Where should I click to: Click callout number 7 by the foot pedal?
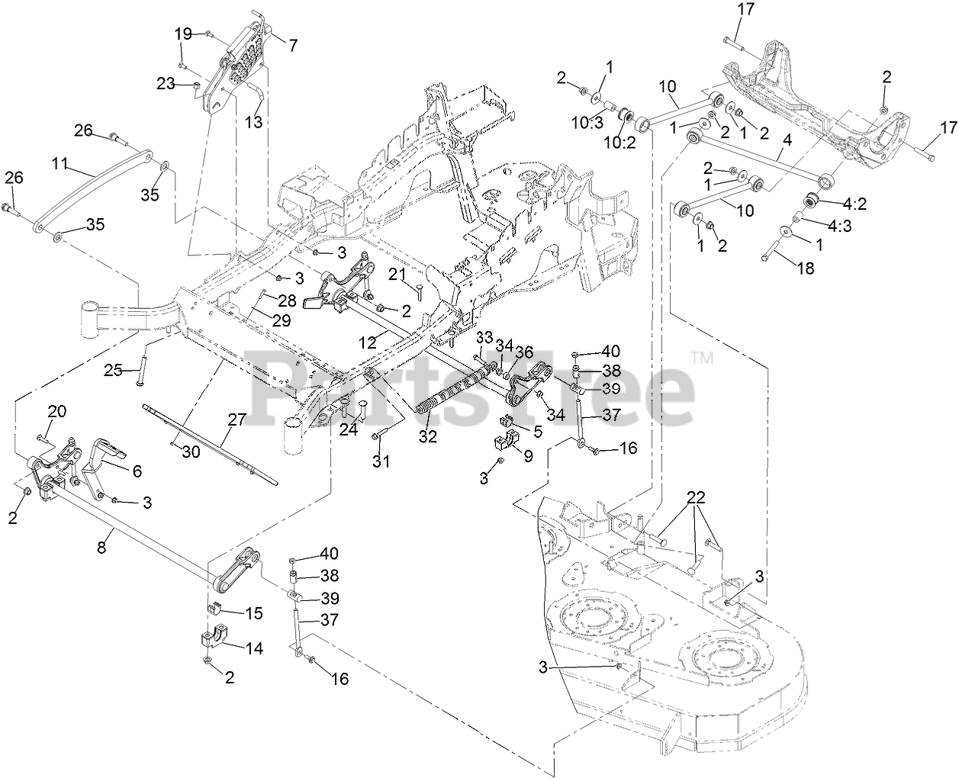tap(293, 45)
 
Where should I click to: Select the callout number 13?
tap(253, 121)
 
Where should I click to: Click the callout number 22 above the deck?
tap(695, 498)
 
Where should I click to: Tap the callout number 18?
tap(806, 268)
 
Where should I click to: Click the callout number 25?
tap(114, 371)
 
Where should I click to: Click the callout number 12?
tap(368, 343)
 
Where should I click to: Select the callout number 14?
tap(253, 648)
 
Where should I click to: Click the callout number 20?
tap(57, 412)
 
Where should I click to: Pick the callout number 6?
tap(137, 471)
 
